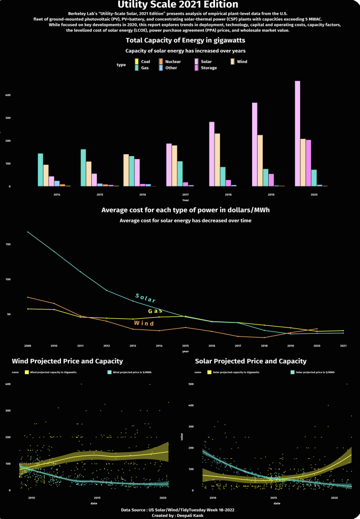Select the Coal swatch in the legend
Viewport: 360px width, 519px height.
(136, 61)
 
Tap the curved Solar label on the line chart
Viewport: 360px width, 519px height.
(146, 298)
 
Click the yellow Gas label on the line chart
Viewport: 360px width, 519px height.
(155, 311)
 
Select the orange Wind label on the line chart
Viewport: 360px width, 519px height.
(144, 323)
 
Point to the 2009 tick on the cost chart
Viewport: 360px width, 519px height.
(27, 346)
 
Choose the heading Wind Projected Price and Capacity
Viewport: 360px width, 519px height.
(67, 361)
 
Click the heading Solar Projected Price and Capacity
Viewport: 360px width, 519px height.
(250, 361)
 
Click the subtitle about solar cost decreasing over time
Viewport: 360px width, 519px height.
(185, 220)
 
